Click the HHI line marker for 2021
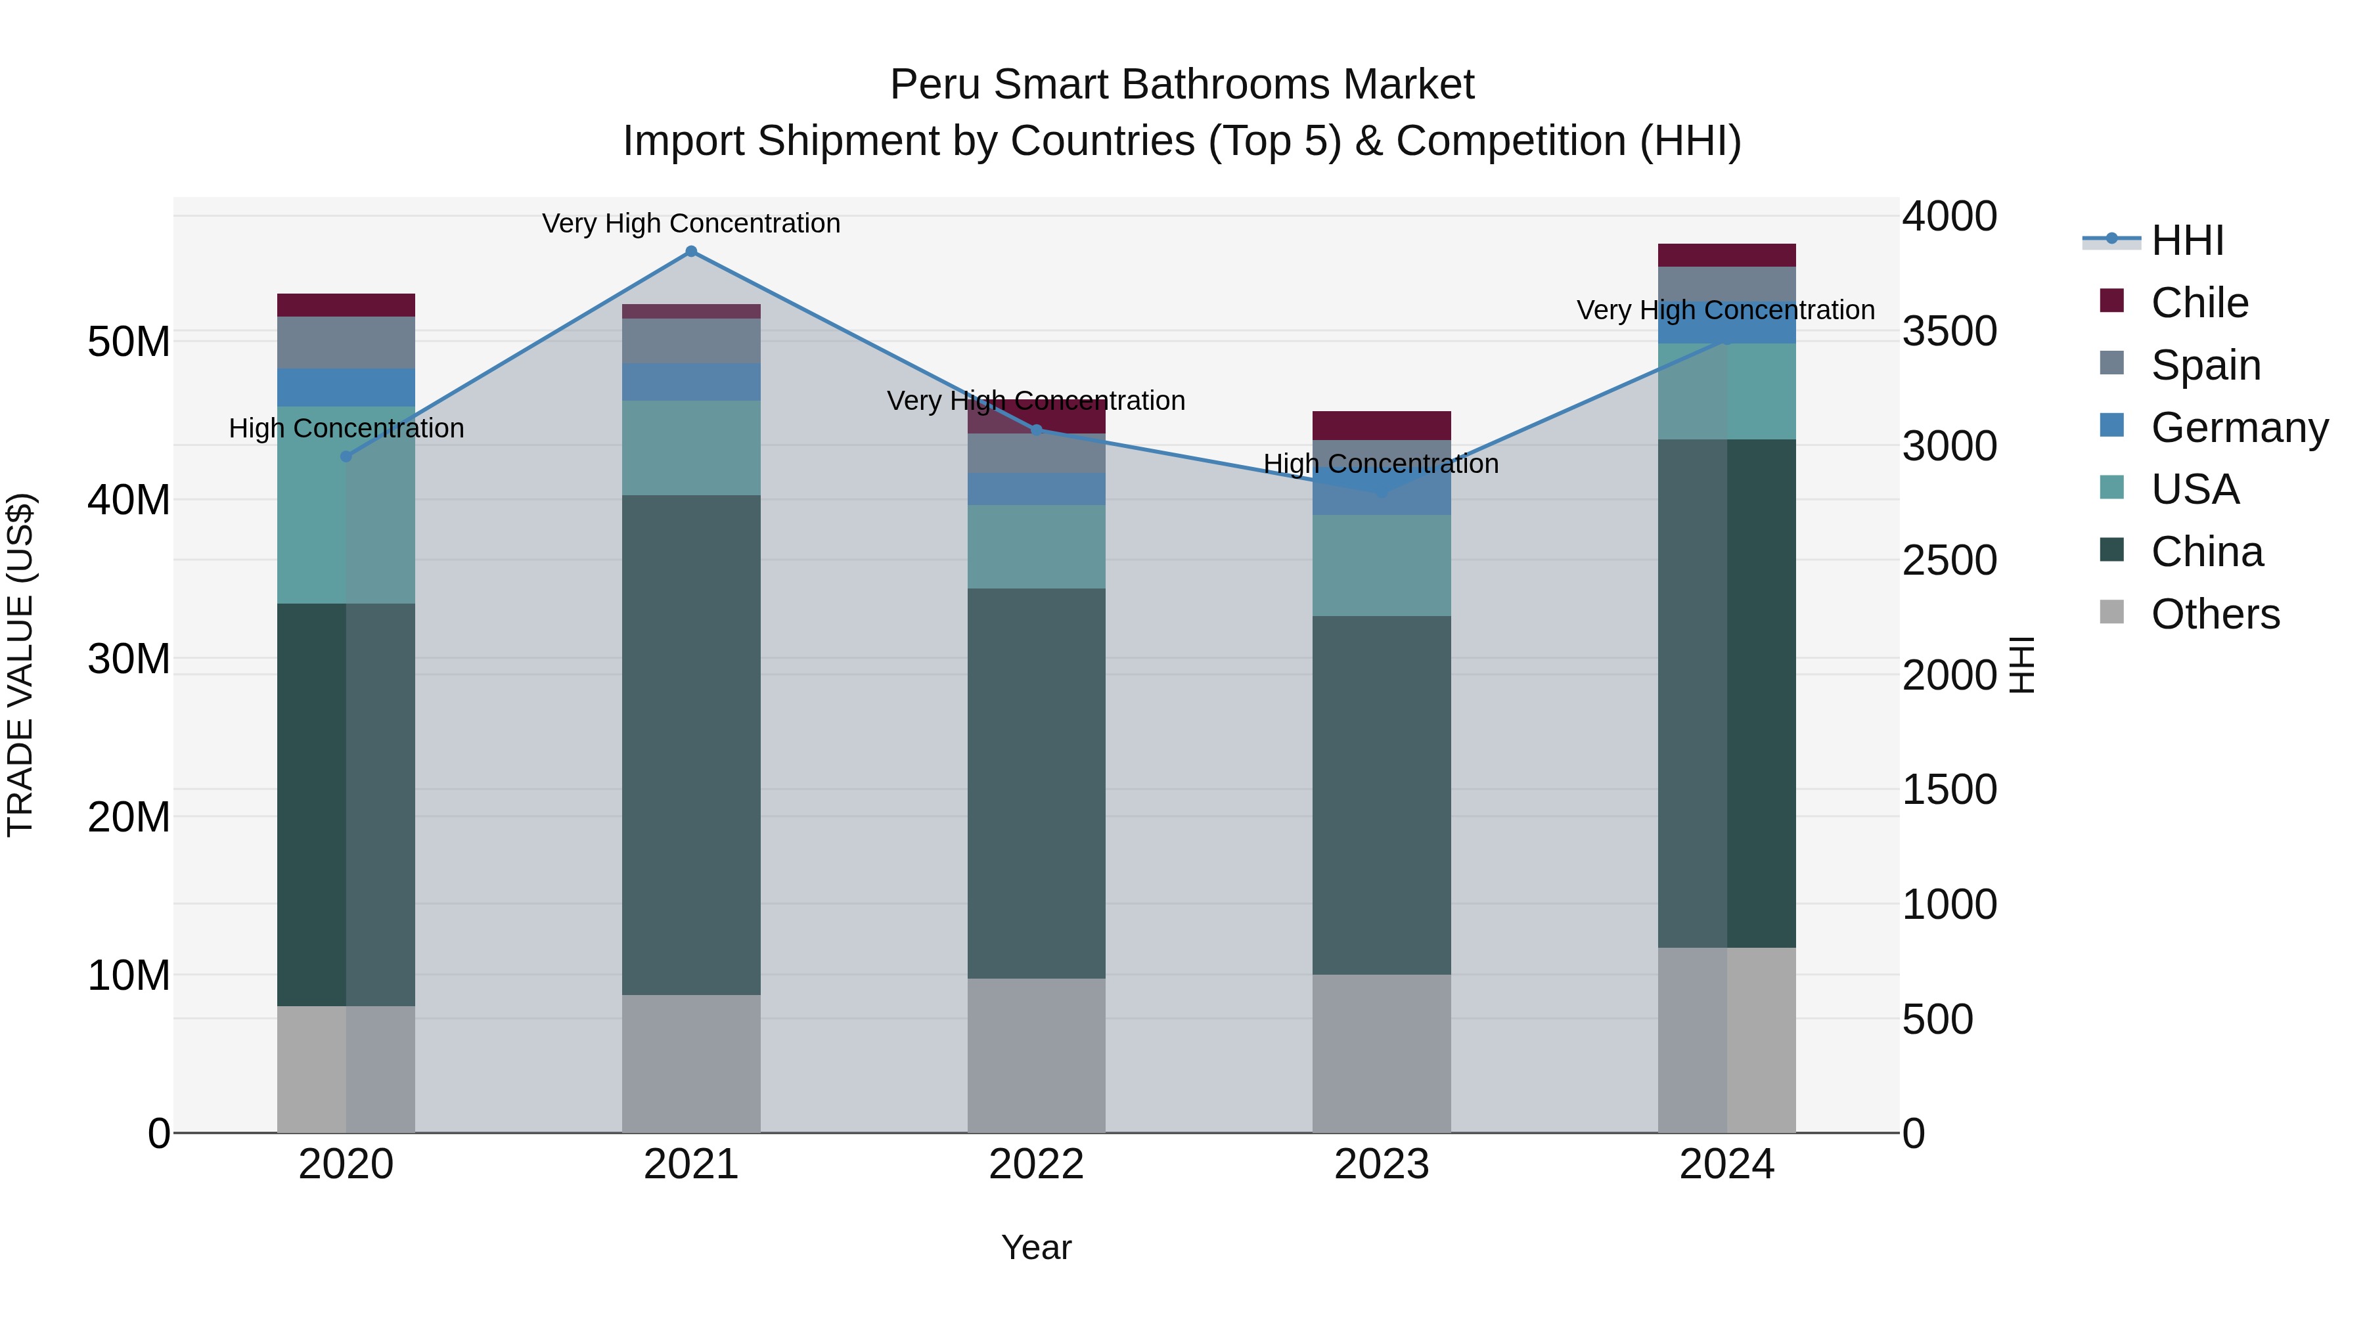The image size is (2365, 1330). [691, 252]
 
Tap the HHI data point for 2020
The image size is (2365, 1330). [346, 456]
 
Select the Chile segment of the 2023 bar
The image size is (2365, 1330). [1381, 425]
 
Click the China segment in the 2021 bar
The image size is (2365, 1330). [691, 744]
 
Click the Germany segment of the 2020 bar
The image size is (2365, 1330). [346, 388]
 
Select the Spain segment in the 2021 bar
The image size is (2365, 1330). [691, 340]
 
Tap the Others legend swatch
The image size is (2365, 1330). [2111, 612]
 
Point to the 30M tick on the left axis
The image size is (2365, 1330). [129, 659]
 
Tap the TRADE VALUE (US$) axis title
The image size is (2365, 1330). [20, 665]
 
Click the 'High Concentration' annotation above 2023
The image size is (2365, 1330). [1381, 464]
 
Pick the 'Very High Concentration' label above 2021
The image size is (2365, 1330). [691, 224]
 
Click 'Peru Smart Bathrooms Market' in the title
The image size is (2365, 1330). [1182, 85]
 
